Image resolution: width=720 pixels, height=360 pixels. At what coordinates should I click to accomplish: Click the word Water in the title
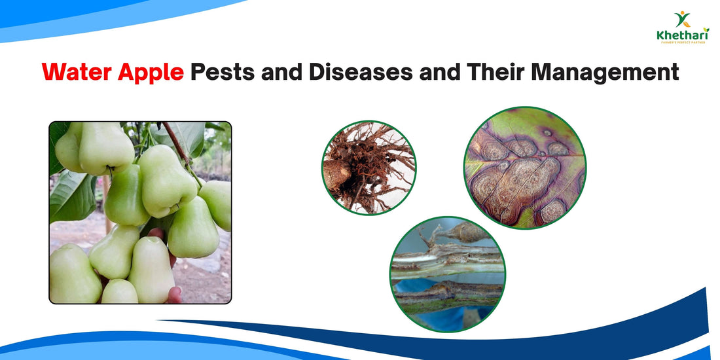pyautogui.click(x=77, y=72)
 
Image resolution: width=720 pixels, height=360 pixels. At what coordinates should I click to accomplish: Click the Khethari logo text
pyautogui.click(x=682, y=36)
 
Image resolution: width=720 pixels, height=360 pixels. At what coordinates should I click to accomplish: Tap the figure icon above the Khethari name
pyautogui.click(x=682, y=20)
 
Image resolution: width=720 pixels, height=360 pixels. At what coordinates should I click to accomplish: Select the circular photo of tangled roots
pyautogui.click(x=369, y=168)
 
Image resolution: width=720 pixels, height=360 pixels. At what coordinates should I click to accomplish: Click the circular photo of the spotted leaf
pyautogui.click(x=525, y=168)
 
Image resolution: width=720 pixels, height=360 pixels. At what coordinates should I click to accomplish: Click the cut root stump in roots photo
pyautogui.click(x=337, y=175)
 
